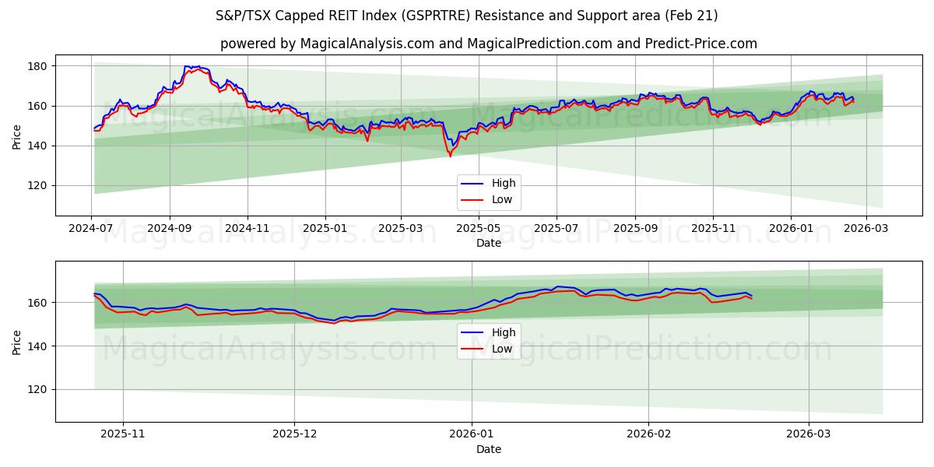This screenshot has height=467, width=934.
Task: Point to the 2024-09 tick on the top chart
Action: tap(170, 229)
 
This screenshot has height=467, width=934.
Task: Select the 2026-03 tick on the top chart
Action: tap(866, 229)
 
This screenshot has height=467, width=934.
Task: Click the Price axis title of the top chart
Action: tap(17, 135)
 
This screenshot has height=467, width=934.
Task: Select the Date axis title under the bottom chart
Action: tap(489, 449)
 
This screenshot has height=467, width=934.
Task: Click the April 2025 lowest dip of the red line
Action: tap(450, 156)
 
